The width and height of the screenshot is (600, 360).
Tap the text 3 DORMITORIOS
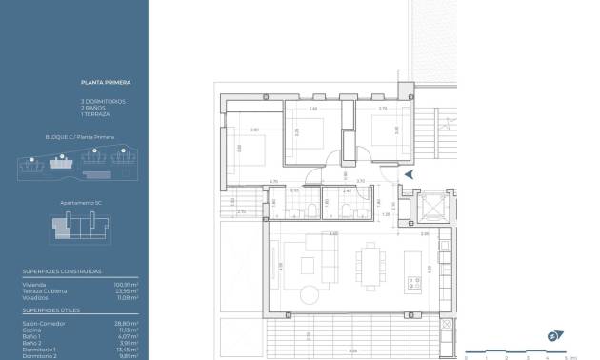pyautogui.click(x=104, y=101)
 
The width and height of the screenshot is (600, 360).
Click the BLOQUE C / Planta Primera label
pyautogui.click(x=80, y=137)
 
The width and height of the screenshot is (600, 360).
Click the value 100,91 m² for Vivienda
pyautogui.click(x=128, y=284)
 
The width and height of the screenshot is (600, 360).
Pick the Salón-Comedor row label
pyautogui.click(x=41, y=323)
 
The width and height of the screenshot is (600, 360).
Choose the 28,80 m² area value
pyautogui.click(x=128, y=323)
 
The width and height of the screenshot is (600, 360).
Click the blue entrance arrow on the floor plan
pyautogui.click(x=410, y=174)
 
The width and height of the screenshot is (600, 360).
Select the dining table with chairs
pyautogui.click(x=370, y=261)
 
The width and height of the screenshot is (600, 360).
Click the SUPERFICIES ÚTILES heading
pyautogui.click(x=52, y=310)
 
